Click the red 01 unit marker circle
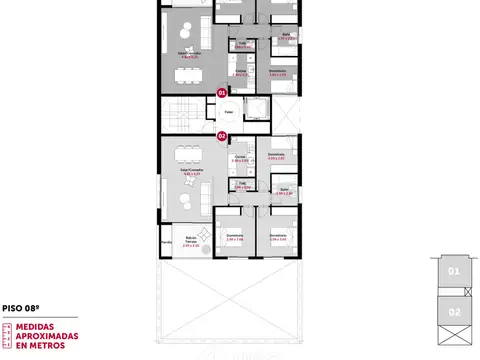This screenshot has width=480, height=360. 222,93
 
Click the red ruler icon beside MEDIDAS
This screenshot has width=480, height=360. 7,335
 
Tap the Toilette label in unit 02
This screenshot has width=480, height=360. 241,184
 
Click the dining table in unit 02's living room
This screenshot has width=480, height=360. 184,154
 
